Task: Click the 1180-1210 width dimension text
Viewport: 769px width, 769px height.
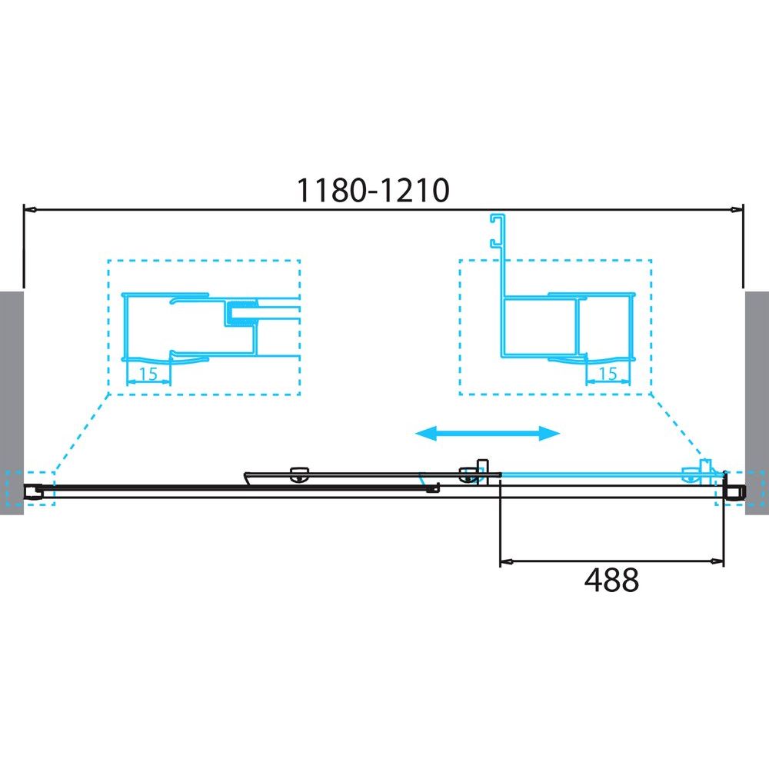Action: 373,190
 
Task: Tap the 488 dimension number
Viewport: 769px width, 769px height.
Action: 611,580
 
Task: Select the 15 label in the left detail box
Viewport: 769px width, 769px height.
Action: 148,375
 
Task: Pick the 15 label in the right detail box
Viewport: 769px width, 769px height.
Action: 608,374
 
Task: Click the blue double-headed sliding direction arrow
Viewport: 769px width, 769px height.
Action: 488,433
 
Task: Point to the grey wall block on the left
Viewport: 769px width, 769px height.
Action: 12,403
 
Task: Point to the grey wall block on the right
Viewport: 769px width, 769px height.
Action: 757,403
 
